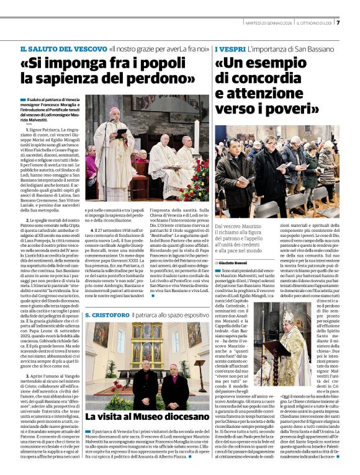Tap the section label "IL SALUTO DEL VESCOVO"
point(62,48)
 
